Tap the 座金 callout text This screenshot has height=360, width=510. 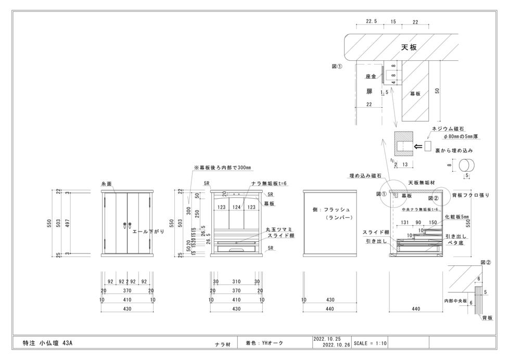coord(371,76)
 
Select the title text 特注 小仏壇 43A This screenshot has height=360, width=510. coord(47,343)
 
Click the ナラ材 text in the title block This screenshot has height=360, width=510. coord(223,344)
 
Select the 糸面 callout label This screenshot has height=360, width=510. coord(107,184)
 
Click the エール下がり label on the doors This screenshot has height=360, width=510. coord(148,232)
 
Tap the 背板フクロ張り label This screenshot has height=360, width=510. coord(471,195)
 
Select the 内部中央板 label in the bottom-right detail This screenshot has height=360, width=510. coord(456,301)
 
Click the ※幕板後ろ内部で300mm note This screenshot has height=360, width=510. coord(222,168)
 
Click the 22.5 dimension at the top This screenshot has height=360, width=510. coord(371,21)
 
